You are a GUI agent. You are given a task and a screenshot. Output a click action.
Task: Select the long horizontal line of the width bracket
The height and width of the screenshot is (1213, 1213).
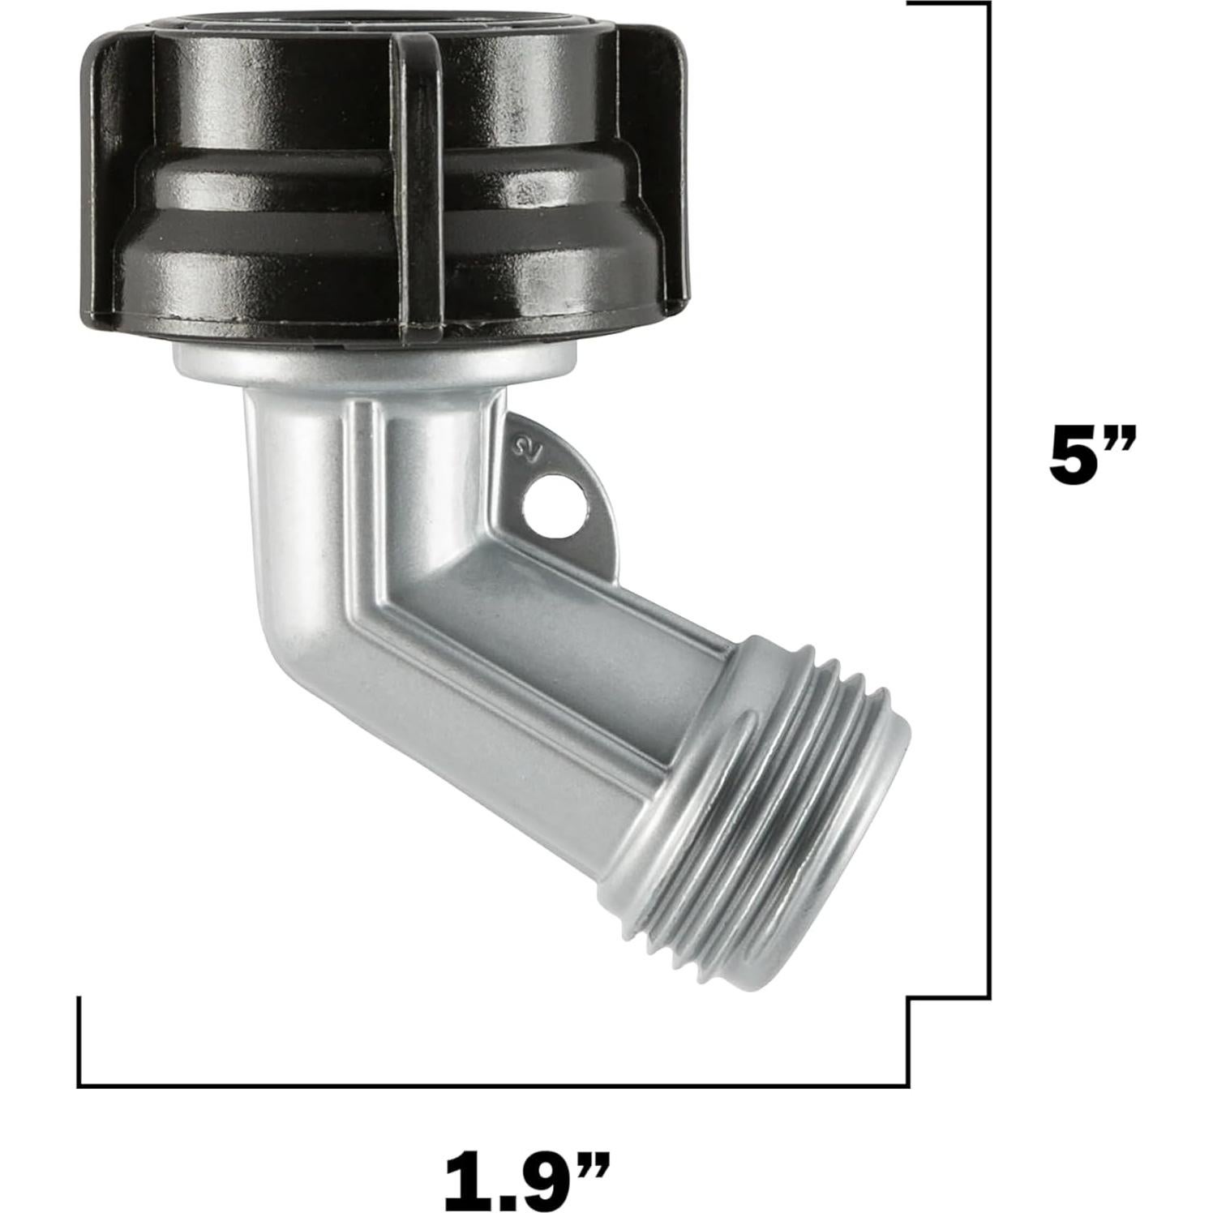pos(486,1086)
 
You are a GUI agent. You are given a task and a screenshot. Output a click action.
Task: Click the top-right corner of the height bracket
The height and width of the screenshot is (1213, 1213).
pos(988,4)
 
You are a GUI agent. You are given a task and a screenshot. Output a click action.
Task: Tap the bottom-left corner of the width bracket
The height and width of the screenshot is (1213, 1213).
pos(79,1085)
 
